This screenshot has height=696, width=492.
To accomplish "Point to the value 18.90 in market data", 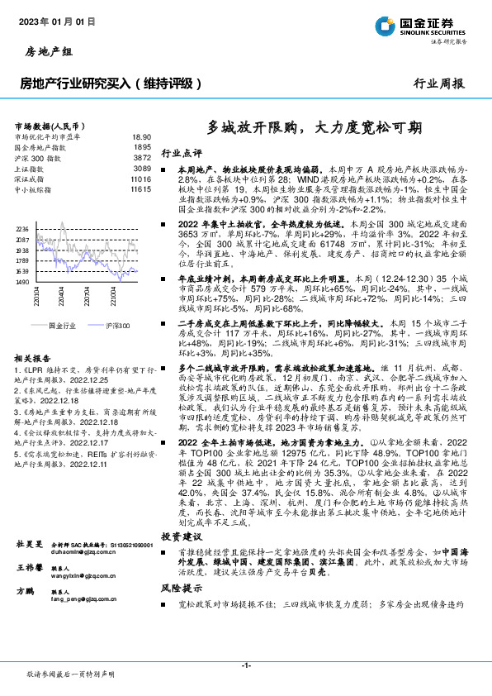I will tap(141, 136).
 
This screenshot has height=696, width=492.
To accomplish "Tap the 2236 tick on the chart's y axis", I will tap(22, 229).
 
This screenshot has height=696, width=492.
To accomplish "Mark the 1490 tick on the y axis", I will tap(22, 282).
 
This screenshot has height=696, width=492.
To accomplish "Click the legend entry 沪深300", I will tap(116, 327).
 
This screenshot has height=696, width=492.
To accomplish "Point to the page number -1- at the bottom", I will tap(246, 665).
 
